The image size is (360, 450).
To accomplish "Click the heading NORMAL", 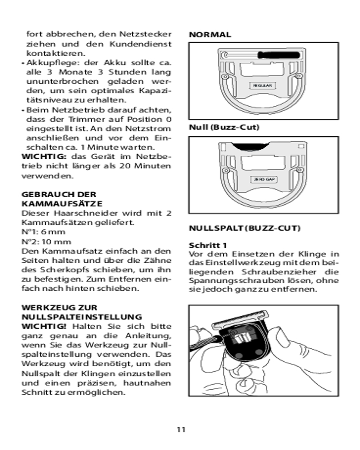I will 210,35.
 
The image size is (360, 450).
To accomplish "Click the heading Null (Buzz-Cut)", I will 224,127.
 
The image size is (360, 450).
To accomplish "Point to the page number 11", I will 180,429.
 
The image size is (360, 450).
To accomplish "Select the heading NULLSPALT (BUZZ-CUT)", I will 244,228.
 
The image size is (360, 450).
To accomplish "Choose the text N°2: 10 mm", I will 45,241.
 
